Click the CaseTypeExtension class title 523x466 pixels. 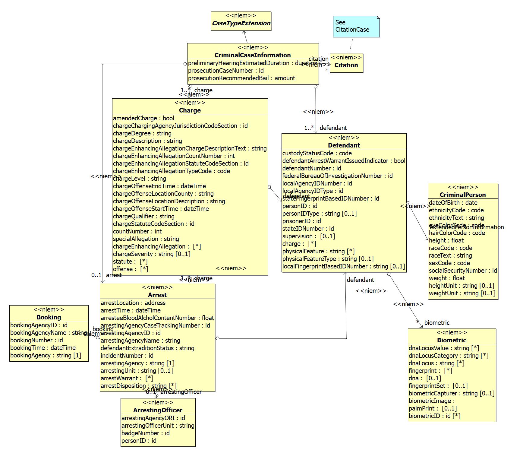pos(241,23)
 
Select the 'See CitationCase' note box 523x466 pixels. pos(356,27)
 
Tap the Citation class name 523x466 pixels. pos(346,65)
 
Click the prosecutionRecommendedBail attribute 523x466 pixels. pos(241,78)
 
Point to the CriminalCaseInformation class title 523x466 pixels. pos(253,55)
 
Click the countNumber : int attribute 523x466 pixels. pos(137,231)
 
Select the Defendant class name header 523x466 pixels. pos(344,145)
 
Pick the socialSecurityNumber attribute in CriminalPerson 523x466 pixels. pos(463,271)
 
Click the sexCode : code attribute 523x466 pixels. pos(449,263)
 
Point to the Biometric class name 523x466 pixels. pos(452,340)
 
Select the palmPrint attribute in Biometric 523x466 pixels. pos(433,408)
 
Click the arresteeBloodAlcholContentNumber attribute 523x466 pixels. pos(157,318)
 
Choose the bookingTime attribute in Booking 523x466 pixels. pos(43,348)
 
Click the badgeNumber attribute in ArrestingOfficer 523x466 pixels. pos(145,433)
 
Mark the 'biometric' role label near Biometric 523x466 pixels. pos(437,323)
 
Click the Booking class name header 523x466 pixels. pos(49,317)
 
